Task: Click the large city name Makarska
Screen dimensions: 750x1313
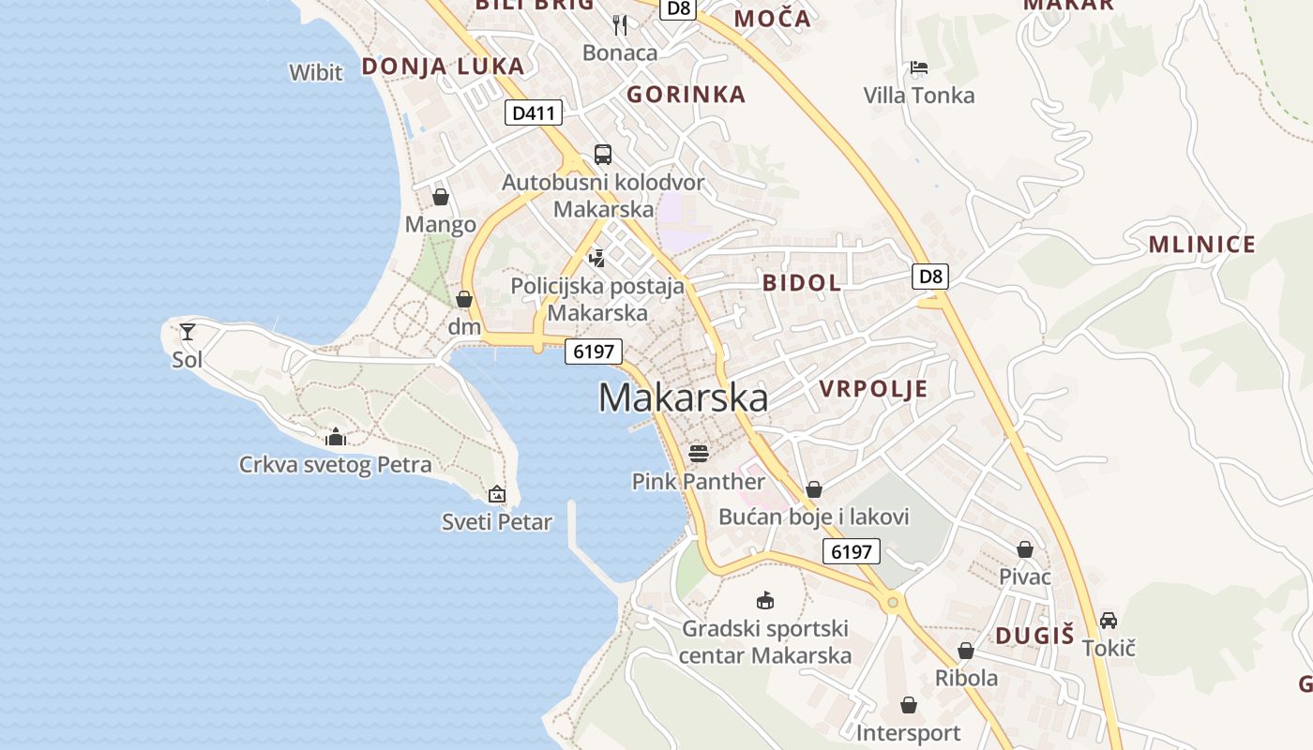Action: tap(683, 397)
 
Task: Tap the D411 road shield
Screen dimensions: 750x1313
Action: tap(534, 113)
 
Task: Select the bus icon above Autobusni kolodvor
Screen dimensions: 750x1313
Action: tap(603, 154)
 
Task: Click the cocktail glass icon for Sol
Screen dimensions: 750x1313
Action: tap(188, 331)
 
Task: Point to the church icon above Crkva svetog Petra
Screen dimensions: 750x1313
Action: tap(335, 437)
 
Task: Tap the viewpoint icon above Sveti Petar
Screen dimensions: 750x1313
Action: tap(497, 493)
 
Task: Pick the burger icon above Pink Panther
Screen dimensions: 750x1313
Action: tap(699, 454)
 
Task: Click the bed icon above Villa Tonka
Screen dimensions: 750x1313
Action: tap(919, 67)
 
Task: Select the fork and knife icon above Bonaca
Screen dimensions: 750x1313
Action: tap(620, 24)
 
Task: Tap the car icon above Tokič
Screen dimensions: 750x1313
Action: tap(1109, 620)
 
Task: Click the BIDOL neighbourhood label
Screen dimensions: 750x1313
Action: tap(802, 282)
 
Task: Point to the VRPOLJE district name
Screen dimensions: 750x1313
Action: tap(873, 389)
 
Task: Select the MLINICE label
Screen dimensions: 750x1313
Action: tap(1201, 245)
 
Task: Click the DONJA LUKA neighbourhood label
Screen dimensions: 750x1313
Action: tap(443, 66)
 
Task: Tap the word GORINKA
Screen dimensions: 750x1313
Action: tap(686, 94)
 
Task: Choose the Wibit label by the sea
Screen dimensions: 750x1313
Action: tap(316, 72)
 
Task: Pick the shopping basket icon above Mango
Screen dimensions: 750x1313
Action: tap(441, 197)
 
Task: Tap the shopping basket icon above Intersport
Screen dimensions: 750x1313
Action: tap(908, 704)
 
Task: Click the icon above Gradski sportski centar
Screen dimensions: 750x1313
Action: tap(765, 600)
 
